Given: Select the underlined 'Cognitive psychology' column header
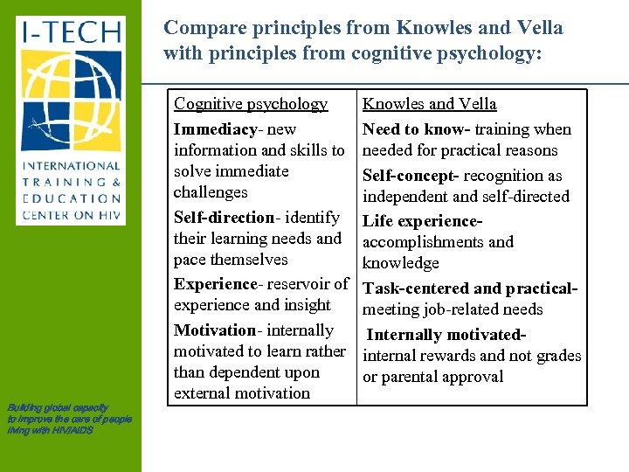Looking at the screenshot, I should point(251,104).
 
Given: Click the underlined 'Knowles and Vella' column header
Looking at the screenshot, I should point(430,104).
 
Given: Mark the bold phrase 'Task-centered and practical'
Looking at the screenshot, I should point(469,288).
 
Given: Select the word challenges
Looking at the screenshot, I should point(211,192).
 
